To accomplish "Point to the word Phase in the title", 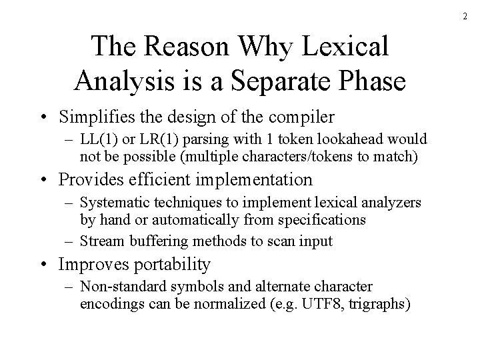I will pos(371,80).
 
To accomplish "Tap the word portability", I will pos(173,265).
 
